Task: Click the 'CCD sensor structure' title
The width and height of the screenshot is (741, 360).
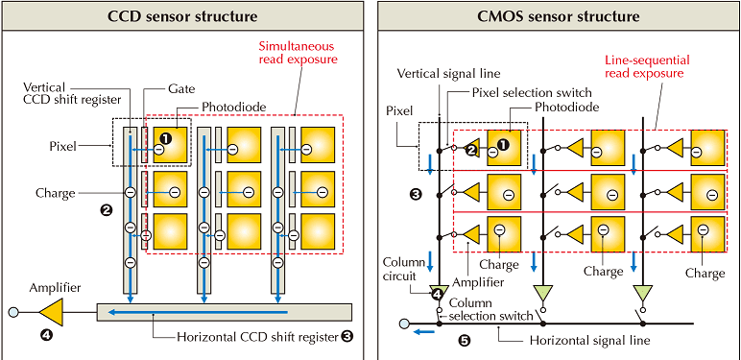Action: click(x=182, y=16)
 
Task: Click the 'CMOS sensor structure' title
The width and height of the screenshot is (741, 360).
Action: click(x=558, y=16)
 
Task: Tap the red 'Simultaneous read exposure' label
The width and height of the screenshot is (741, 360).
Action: click(x=298, y=53)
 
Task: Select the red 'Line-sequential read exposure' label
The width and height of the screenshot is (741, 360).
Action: click(x=648, y=66)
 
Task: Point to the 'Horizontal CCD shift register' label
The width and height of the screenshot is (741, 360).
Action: click(x=258, y=337)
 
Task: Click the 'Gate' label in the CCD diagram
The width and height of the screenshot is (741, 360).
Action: click(x=181, y=89)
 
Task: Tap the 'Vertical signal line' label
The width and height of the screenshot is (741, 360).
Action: click(x=448, y=73)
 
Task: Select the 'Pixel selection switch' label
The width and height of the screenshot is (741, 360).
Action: click(x=532, y=92)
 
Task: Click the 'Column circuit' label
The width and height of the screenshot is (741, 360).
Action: click(x=398, y=270)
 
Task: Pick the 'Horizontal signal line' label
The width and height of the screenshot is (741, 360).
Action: click(x=589, y=340)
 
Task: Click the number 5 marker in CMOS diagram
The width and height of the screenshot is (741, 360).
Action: click(x=465, y=340)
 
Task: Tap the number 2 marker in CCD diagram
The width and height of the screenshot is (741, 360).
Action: click(x=106, y=209)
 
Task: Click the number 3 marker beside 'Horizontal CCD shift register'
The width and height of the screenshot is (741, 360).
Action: click(x=347, y=337)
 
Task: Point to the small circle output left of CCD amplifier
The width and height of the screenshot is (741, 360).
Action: click(x=13, y=312)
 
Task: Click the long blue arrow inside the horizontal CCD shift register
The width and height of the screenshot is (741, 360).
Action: click(x=198, y=312)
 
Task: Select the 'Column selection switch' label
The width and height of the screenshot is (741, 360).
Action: click(x=491, y=309)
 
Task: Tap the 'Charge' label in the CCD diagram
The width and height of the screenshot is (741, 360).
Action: click(x=56, y=193)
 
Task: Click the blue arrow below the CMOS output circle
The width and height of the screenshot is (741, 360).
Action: click(x=423, y=332)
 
